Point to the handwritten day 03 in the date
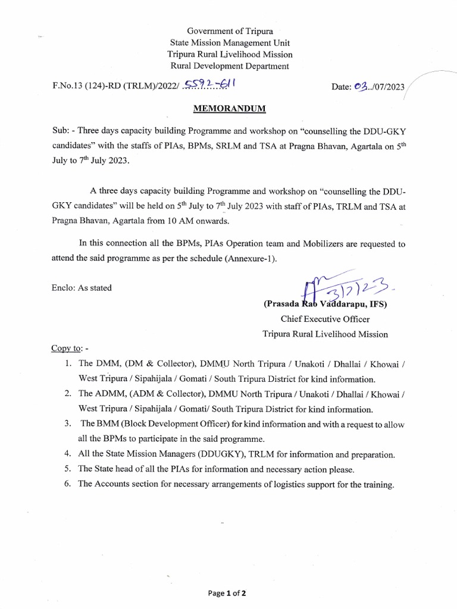(361, 87)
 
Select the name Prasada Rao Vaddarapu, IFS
(325, 304)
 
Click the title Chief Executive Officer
(325, 319)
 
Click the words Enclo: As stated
(82, 288)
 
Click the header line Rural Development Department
(230, 66)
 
